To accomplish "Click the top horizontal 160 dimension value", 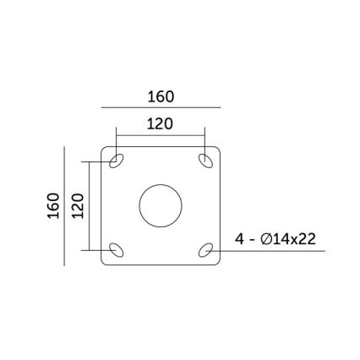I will tap(160, 97).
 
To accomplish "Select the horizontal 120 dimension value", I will tap(160, 124).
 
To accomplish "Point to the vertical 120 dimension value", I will tap(78, 205).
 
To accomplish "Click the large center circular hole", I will tap(161, 205).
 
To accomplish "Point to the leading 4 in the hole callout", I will tap(241, 239).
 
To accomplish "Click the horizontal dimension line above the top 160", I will tap(160, 108).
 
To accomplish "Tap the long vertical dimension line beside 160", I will tap(65, 205).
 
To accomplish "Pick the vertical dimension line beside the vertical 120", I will tap(89, 205).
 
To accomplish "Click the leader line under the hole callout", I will tap(270, 250).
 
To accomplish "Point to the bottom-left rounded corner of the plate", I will tap(104, 261).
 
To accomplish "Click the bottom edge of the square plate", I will tap(161, 265).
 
